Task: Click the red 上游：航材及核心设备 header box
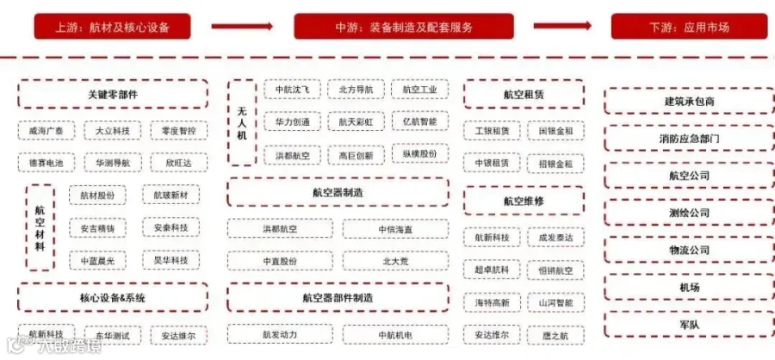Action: pos(112,27)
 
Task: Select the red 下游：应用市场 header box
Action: pos(688,27)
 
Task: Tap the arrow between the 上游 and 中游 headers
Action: pos(241,27)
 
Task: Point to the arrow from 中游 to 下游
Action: pos(562,27)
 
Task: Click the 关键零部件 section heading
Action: pos(113,94)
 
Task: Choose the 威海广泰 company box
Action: pos(46,131)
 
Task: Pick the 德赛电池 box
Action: pos(46,162)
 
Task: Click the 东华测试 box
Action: pos(113,334)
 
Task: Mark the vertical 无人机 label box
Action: pos(242,122)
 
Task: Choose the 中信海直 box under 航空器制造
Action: pos(395,229)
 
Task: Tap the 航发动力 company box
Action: pos(280,334)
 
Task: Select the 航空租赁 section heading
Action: pos(524,94)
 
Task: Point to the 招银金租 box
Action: pos(555,163)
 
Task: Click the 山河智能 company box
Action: pos(555,303)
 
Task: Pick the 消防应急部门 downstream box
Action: pos(689,138)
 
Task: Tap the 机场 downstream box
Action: pos(689,287)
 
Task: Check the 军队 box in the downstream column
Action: pos(689,324)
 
